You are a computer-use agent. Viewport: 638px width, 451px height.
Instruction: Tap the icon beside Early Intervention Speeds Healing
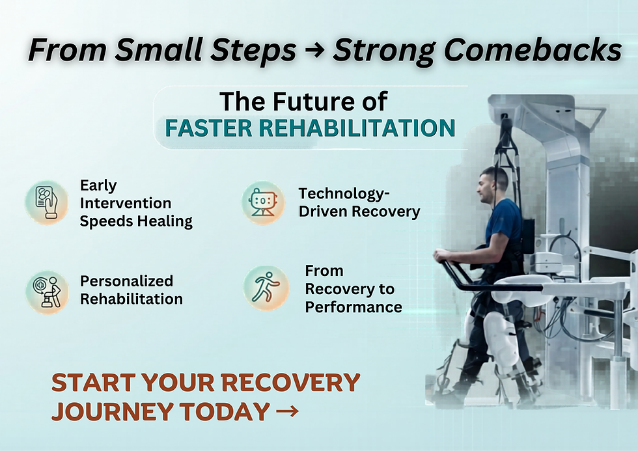[x=47, y=203]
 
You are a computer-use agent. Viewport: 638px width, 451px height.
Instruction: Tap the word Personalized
[x=126, y=281]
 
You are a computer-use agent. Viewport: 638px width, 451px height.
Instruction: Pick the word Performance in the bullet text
[x=354, y=307]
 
